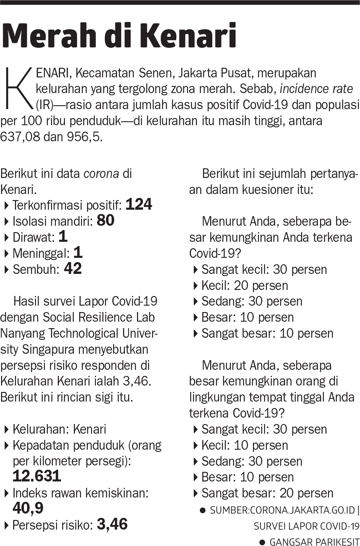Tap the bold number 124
[x=139, y=204]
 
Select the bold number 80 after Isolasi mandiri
[x=105, y=220]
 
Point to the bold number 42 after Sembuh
[x=73, y=269]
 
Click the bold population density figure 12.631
[x=37, y=476]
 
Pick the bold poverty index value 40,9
[x=28, y=508]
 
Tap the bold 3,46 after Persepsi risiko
[x=112, y=524]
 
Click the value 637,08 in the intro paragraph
[x=20, y=137]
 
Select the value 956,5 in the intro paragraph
[x=84, y=137]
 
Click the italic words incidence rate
[x=316, y=88]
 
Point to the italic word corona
[x=101, y=174]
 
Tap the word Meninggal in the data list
[x=41, y=254]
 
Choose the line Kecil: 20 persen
[x=244, y=285]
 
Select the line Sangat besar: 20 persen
[x=267, y=493]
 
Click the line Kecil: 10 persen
[x=244, y=445]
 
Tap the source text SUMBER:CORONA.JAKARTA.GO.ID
[x=282, y=510]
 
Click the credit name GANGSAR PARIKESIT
[x=314, y=542]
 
